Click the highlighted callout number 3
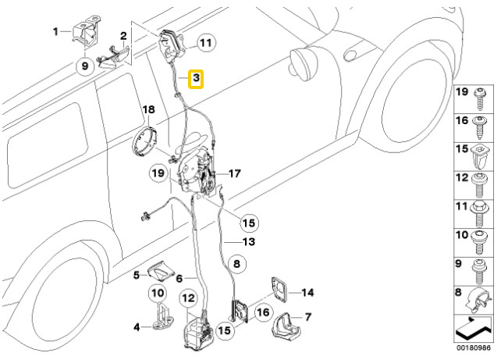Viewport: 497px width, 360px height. pyautogui.click(x=197, y=79)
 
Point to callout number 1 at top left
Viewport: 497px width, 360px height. pyautogui.click(x=55, y=31)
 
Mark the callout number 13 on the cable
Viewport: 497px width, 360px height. pyautogui.click(x=247, y=243)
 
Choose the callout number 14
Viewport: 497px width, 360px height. pyautogui.click(x=307, y=293)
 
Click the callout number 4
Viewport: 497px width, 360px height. pyautogui.click(x=136, y=326)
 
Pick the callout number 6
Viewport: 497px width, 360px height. pyautogui.click(x=179, y=278)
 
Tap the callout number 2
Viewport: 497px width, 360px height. pyautogui.click(x=122, y=35)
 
